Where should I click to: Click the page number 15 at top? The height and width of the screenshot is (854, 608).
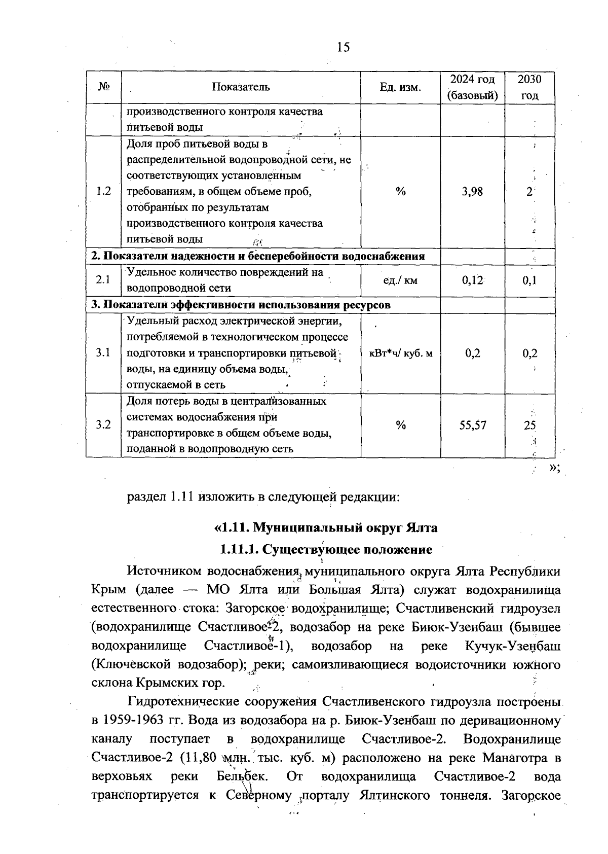click(x=343, y=47)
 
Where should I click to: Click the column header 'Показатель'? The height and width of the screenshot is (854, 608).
click(x=241, y=87)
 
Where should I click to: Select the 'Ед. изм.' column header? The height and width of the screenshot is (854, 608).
click(x=400, y=87)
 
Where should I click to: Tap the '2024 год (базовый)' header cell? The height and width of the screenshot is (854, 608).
click(x=472, y=87)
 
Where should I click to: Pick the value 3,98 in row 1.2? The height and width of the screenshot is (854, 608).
click(x=472, y=192)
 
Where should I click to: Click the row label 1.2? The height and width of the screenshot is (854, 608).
click(x=103, y=192)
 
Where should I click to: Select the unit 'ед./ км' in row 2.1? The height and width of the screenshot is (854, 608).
click(x=400, y=280)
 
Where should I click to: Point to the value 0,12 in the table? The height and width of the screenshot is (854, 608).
click(x=472, y=280)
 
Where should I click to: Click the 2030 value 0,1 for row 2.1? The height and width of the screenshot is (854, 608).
click(x=530, y=280)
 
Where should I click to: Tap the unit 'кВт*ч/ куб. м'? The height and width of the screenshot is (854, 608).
click(x=400, y=353)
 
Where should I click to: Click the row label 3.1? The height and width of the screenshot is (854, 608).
click(x=103, y=353)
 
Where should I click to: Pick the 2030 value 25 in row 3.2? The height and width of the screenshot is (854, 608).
click(x=530, y=425)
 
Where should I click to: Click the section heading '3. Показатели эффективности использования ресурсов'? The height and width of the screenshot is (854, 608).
click(x=241, y=305)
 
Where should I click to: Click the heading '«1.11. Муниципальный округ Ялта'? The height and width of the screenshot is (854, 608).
click(x=326, y=527)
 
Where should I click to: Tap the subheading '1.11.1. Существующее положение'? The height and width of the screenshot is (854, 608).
click(x=326, y=549)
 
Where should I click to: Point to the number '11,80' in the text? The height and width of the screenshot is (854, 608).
click(x=202, y=758)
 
